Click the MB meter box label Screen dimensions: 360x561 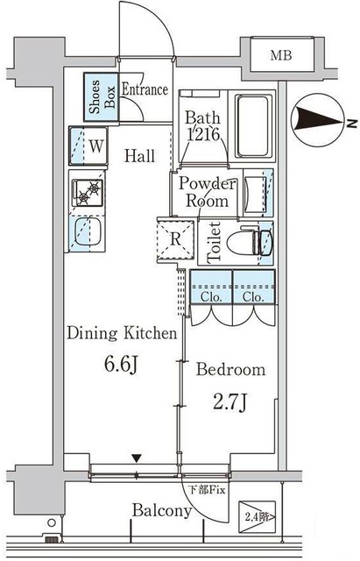(281, 55)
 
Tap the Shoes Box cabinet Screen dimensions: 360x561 (102, 97)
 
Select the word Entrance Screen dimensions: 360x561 (145, 89)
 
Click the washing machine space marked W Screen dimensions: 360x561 (88, 146)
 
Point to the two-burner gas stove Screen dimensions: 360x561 (88, 193)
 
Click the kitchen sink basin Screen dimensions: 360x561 (88, 231)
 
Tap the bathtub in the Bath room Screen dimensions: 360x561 (253, 125)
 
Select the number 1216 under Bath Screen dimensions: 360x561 (203, 134)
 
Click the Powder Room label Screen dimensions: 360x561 (208, 192)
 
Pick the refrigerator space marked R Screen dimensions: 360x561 (176, 240)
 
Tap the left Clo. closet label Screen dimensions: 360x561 (211, 297)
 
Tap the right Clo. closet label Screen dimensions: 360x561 (253, 297)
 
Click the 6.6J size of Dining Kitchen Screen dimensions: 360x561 (121, 365)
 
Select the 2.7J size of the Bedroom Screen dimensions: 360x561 (229, 402)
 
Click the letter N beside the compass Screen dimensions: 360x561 (352, 123)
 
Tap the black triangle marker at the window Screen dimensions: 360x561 (137, 458)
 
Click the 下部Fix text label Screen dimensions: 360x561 (207, 489)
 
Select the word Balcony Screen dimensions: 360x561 (162, 511)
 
